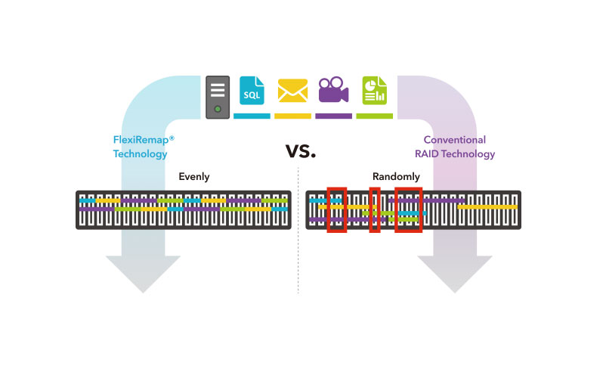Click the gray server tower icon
218,97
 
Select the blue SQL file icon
252,91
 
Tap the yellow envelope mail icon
292,91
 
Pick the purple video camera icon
333,91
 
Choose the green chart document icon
374,91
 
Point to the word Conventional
454,140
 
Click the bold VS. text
300,151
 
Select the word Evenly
194,177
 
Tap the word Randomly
396,177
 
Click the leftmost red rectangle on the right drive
336,209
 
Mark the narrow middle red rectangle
374,209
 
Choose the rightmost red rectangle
408,209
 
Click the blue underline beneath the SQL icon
252,116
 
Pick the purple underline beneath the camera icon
333,116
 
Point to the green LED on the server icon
218,110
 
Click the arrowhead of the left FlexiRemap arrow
142,274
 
